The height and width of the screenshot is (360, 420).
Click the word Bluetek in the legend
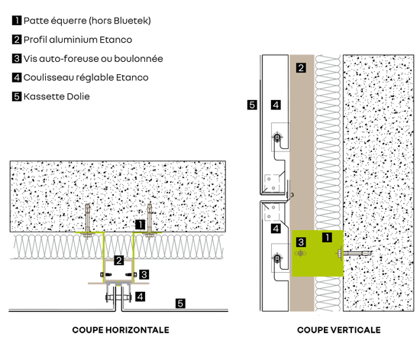131,21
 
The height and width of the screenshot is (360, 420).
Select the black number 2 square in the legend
17,40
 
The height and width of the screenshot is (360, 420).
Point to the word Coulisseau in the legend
48,77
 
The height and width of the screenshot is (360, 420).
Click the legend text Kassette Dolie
57,96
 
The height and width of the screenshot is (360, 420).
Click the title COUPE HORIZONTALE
121,330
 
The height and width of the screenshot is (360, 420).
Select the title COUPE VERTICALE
339,330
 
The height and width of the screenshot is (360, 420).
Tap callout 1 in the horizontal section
140,225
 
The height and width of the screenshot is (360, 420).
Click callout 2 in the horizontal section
119,261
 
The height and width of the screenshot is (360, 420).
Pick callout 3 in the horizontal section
144,274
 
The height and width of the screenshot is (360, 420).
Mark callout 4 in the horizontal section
140,297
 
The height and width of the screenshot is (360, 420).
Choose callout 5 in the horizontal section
180,303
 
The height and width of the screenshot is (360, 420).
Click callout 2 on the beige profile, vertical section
301,68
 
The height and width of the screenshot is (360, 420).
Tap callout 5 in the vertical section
252,105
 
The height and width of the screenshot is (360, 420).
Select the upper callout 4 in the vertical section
276,105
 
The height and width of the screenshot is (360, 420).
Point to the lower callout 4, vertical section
276,229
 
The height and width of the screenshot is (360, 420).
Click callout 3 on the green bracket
301,242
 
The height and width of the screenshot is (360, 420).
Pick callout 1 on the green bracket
327,237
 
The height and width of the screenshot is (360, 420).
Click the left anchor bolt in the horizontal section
88,221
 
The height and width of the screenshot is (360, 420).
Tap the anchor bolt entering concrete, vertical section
354,253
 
